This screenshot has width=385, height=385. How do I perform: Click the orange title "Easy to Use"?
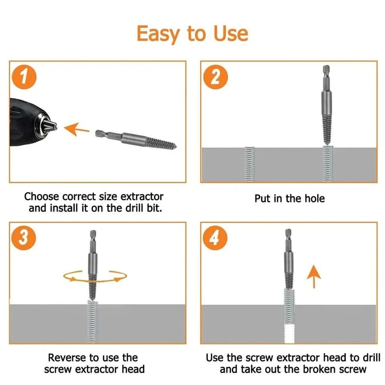point(192,33)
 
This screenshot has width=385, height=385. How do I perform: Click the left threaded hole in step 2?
point(250,164)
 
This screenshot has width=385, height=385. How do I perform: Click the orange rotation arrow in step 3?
point(95,276)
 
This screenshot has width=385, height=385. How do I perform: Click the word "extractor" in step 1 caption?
point(142,197)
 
